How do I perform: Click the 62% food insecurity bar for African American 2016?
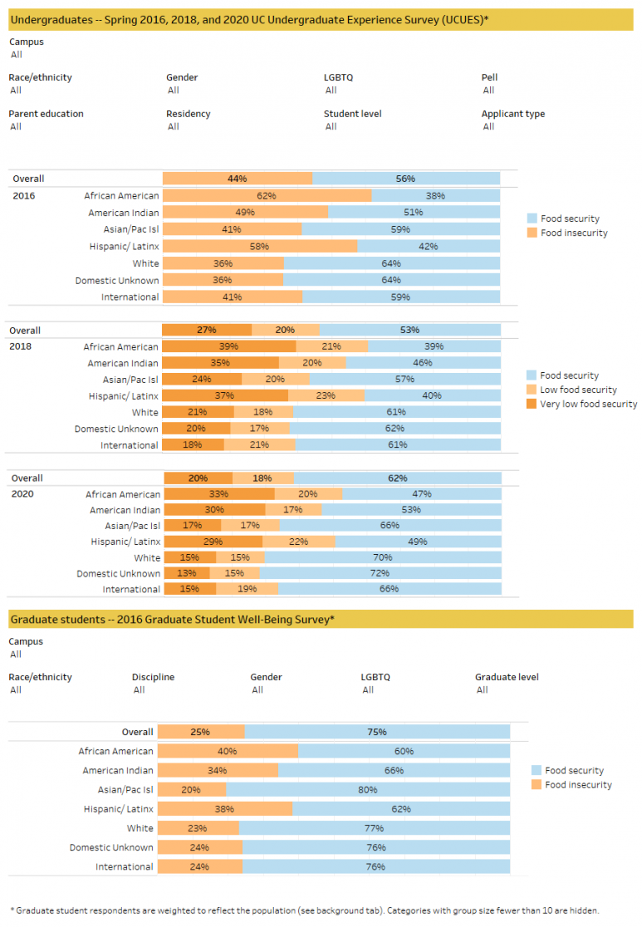coord(267,196)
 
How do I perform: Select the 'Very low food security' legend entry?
coord(587,405)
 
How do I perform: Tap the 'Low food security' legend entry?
coord(578,390)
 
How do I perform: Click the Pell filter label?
coord(489,77)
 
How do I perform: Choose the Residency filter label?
coord(188,114)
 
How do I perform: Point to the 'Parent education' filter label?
coord(46,114)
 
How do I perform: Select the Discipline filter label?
coord(153,677)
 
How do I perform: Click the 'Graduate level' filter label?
coord(507,677)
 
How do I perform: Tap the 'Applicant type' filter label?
coord(512,114)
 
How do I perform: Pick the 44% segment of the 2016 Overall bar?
coord(238,179)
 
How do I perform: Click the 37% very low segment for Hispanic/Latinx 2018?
coord(225,396)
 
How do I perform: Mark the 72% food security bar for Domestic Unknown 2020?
coord(380,573)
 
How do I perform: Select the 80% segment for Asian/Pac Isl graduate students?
coord(368,790)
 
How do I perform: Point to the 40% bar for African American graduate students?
coord(228,752)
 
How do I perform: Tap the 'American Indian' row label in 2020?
coord(125,510)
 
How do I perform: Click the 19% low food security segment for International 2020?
coord(247,589)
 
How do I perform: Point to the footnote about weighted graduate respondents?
coord(303,910)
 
